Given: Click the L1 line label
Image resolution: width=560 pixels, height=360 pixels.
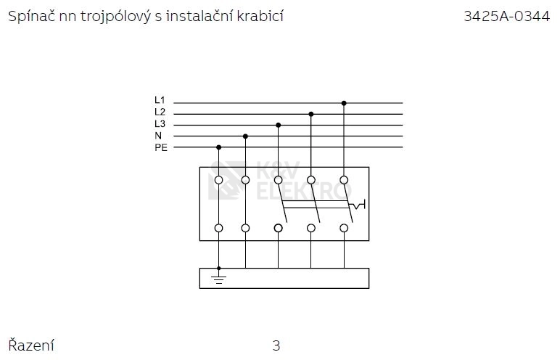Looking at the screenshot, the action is pos(160,100).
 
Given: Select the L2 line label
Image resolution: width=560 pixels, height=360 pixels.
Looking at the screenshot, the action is pos(160,112).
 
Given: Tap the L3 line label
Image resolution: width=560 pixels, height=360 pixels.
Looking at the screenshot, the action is pos(160,123).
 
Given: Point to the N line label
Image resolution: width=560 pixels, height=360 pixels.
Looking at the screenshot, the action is pos(158,136).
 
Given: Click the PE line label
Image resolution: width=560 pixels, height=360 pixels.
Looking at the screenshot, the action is pos(161,147).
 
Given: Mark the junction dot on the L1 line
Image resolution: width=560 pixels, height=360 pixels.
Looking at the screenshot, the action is pos(344,103).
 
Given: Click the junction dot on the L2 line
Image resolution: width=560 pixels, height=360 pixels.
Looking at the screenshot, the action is pos(311,114).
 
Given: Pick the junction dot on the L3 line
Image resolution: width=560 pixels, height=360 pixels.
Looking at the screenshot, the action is pos(279,125).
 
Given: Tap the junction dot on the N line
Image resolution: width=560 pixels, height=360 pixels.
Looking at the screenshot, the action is pos(245,136).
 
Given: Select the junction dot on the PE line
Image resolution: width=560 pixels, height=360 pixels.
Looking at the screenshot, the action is pos(219,147).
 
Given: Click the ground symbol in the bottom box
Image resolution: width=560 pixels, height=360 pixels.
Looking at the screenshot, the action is pos(218,279).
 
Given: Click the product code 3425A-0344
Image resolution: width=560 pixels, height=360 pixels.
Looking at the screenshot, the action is pos(507,16).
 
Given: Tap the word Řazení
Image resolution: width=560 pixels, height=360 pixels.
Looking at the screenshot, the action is pos(31,345).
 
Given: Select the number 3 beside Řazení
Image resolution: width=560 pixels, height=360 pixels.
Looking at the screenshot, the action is pos(276,345).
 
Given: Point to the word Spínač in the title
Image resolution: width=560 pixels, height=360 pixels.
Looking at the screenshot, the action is pos(32,17).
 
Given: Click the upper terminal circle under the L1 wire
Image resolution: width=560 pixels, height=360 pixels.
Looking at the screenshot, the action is pos(344,180).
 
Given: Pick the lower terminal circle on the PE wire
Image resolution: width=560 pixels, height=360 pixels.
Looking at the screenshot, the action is pos(219,228).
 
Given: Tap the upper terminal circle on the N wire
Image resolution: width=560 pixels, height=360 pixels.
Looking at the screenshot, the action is pos(245,180).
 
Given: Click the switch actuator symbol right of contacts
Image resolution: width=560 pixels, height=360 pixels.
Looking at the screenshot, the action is pos(358,205).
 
